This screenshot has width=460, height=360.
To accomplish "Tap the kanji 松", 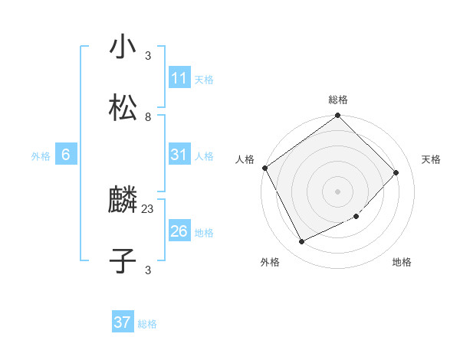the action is (123, 108).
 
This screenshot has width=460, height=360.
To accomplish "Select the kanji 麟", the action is (123, 201).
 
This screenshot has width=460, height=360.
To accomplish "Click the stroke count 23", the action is (148, 209).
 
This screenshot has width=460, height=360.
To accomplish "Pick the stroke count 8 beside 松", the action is (148, 116).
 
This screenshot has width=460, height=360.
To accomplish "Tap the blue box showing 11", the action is (179, 78).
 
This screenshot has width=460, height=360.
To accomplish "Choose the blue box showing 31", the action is (179, 155).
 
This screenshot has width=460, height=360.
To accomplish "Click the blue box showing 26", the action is (179, 231).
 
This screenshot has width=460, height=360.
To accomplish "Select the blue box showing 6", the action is (66, 155).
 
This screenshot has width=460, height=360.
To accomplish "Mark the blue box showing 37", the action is (123, 322).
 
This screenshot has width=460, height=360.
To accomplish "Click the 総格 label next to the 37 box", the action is (147, 324).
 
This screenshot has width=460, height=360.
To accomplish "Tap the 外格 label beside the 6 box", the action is (41, 155).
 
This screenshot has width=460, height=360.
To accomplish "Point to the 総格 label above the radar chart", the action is (338, 100).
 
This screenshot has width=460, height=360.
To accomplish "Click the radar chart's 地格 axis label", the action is (402, 262).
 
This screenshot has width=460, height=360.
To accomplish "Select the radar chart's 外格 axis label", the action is (270, 262).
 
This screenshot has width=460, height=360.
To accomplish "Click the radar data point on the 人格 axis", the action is (264, 168).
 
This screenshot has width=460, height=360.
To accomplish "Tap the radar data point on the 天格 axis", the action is (396, 172).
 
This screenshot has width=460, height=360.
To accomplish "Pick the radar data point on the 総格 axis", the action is (338, 116).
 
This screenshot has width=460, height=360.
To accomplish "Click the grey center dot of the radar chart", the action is (338, 191).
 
